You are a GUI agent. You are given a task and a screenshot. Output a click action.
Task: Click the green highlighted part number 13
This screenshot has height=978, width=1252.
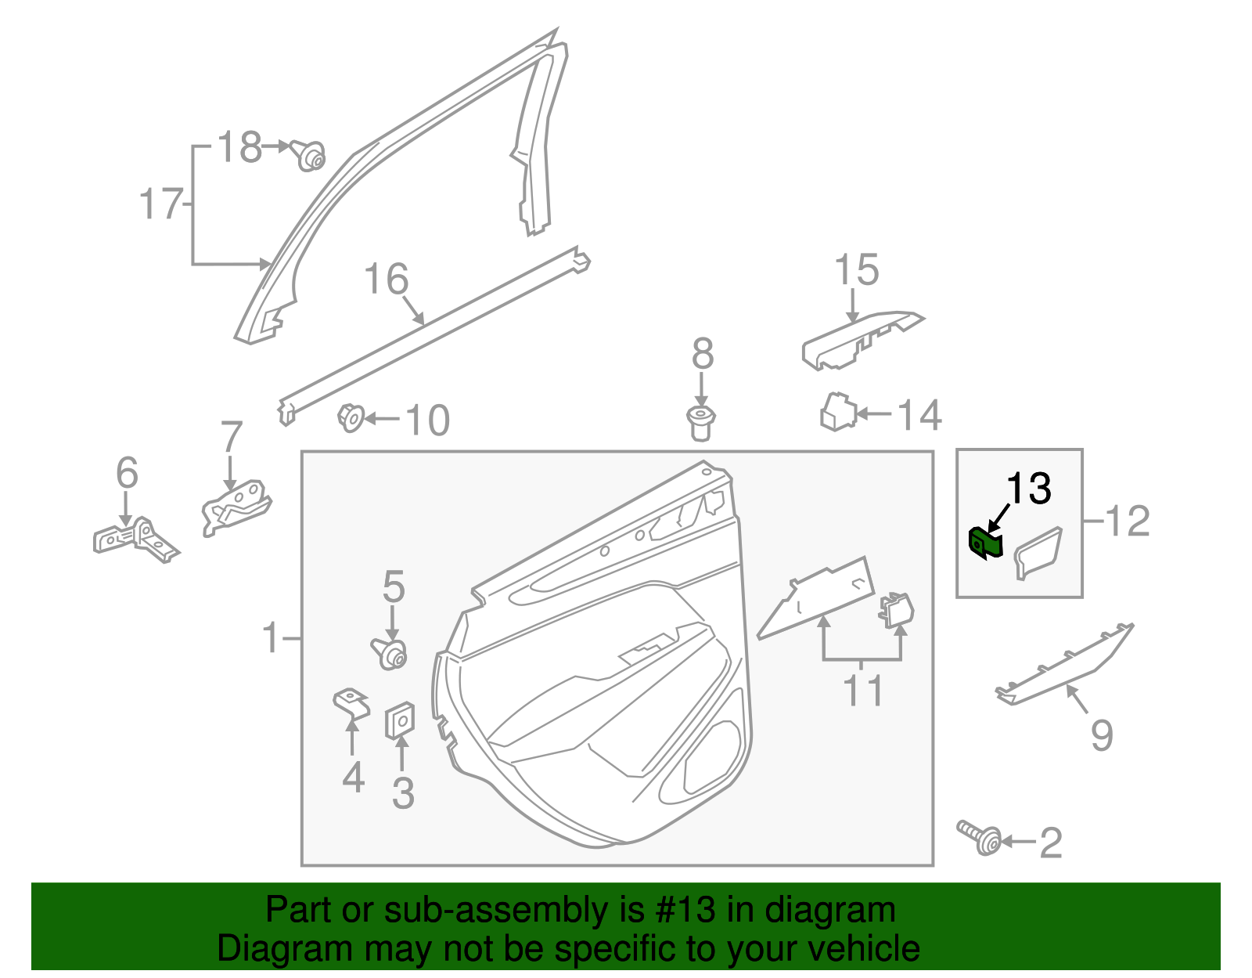click(985, 543)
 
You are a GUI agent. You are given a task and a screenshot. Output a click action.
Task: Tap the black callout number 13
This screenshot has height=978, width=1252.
click(1028, 489)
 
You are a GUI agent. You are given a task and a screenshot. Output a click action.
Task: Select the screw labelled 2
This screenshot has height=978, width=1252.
click(980, 839)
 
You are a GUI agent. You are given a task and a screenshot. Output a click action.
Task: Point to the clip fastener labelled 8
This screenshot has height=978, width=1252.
click(701, 423)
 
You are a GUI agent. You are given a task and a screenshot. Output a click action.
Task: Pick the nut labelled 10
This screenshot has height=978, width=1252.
click(351, 417)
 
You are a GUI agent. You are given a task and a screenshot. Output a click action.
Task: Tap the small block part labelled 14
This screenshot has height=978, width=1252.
click(838, 412)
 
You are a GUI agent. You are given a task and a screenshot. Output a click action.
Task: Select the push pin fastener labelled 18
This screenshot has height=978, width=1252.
click(309, 155)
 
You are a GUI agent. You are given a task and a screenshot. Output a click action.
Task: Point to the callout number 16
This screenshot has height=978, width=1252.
click(387, 280)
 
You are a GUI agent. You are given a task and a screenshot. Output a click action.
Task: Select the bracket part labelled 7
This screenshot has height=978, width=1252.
click(235, 506)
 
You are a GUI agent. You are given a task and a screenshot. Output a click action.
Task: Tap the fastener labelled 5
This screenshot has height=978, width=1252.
click(390, 652)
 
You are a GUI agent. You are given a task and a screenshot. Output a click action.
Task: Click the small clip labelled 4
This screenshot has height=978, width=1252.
click(351, 702)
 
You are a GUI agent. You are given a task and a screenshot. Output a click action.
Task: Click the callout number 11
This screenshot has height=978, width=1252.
click(862, 691)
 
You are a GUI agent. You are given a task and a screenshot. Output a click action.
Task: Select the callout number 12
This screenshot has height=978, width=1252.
click(1128, 521)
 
